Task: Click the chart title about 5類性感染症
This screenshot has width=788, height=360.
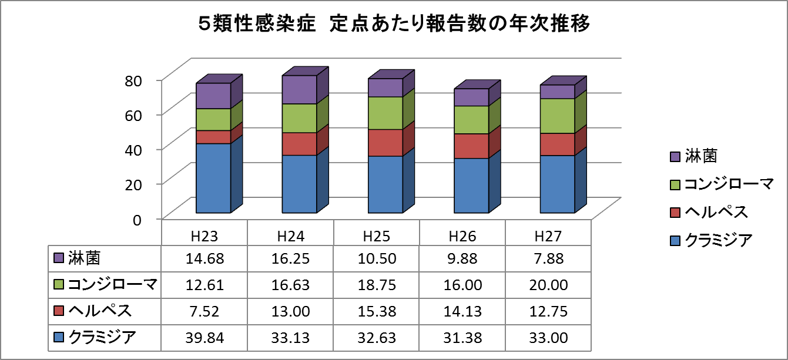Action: click(x=393, y=25)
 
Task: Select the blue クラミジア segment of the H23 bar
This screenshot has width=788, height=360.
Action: click(x=213, y=177)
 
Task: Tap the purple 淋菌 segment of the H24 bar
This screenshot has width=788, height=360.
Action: click(x=300, y=90)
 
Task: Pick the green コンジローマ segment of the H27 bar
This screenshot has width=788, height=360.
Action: click(x=557, y=116)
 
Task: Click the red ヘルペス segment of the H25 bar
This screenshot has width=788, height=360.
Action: click(x=385, y=143)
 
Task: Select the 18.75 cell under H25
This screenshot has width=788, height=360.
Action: click(x=377, y=285)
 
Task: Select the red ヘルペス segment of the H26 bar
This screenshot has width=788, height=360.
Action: click(x=471, y=146)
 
